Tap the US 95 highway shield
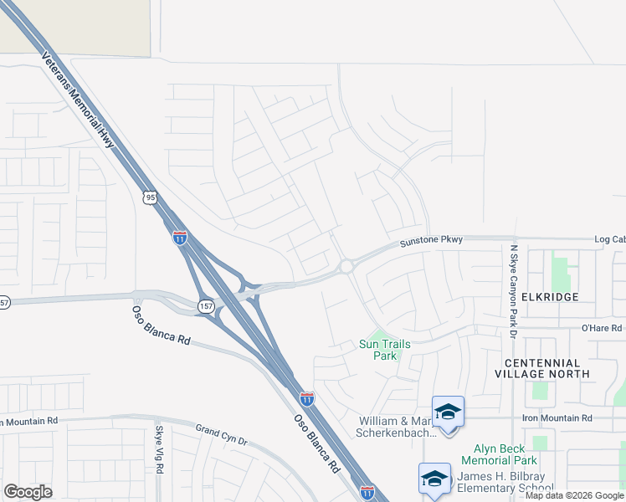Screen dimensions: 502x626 click(150, 198)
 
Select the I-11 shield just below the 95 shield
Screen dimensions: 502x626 click(180, 237)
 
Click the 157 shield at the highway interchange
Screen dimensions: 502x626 click(206, 307)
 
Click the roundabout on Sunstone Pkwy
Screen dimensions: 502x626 click(346, 267)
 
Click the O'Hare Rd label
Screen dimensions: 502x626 click(602, 329)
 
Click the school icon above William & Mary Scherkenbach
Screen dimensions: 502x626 click(448, 412)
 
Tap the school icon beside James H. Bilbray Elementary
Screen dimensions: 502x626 click(434, 479)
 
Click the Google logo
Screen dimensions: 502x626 click(28, 492)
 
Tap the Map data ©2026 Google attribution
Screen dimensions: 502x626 click(574, 495)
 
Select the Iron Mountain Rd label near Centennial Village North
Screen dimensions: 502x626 click(557, 417)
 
